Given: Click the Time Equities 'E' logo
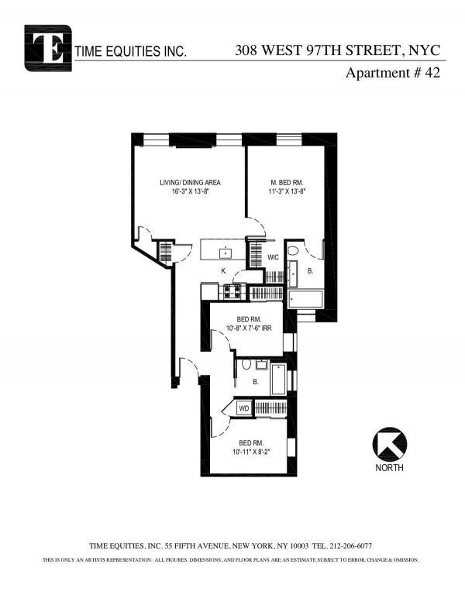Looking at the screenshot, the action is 48,48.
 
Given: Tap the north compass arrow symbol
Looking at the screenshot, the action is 389,444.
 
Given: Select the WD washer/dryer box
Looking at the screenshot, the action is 244,408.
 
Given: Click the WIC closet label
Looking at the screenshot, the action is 273,257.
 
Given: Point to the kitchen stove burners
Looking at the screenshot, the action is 232,291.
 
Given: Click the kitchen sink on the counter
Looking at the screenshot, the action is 225,253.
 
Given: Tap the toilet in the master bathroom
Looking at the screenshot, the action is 293,251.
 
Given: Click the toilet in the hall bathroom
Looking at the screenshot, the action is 246,364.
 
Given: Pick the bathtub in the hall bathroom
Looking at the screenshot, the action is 278,380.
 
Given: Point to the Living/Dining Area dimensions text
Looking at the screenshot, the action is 191,191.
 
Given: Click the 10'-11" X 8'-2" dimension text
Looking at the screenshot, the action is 252,452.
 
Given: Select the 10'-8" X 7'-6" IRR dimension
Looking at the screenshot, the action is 249,329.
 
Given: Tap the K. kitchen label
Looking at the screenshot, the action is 224,270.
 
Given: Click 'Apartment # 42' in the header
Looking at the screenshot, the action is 393,73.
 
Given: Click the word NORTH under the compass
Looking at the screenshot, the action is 389,468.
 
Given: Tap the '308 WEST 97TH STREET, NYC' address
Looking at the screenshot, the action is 338,50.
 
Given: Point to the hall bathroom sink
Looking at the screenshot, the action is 262,364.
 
